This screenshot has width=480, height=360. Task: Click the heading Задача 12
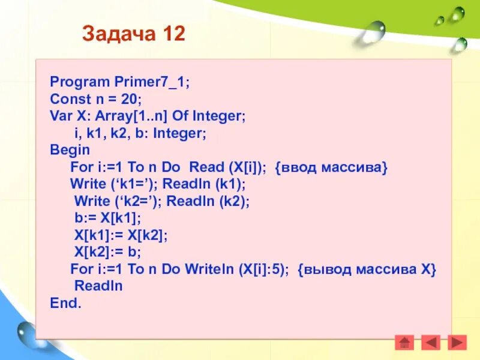134,34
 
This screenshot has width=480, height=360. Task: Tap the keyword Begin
70,149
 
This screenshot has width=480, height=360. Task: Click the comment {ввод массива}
332,167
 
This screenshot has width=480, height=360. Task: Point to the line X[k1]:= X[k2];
121,235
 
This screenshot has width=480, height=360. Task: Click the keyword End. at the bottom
65,303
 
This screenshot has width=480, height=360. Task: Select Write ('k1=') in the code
113,184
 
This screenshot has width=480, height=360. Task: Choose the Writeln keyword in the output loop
197,269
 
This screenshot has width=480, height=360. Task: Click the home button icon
404,343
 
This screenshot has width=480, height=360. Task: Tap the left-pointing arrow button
430,343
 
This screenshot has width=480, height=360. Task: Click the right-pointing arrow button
457,343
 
